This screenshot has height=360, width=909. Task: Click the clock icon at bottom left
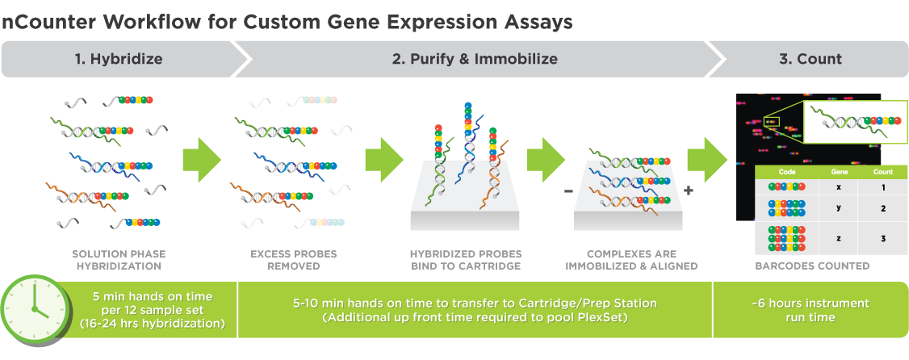coord(34,312)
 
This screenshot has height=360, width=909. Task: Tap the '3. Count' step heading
coord(810,59)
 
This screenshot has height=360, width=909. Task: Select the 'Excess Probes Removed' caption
coord(294,260)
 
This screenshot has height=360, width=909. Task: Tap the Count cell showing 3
coord(883,238)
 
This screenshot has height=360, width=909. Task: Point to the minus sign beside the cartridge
coord(568,191)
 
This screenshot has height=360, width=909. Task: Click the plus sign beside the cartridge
coord(689,191)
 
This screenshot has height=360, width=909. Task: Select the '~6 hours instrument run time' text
coord(810,310)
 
